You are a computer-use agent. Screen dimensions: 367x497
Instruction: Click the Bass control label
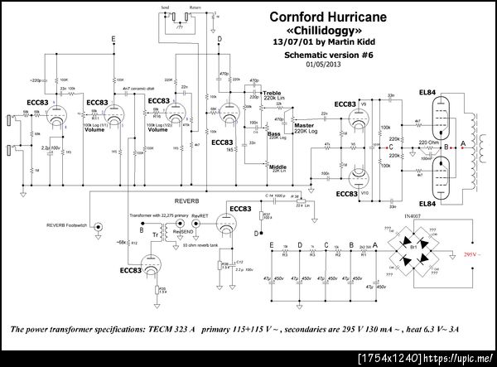coord(273,132)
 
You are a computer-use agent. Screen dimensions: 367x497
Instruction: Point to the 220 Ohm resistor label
coord(428,142)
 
